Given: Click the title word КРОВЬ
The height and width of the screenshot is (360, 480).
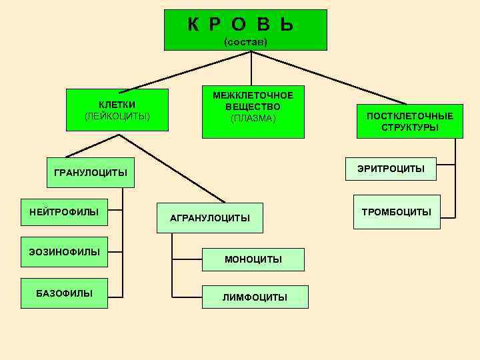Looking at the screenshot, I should pos(241,25).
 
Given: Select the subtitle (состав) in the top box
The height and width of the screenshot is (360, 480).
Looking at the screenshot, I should pos(245,42).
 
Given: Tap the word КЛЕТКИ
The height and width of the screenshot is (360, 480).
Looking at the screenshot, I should pos(117,105).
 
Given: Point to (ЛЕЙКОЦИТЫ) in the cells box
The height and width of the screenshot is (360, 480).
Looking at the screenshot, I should pos(117,117).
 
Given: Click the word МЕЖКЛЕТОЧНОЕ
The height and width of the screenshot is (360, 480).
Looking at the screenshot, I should pos(253,95).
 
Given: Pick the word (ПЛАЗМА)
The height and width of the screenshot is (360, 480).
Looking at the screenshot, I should pos(253,119).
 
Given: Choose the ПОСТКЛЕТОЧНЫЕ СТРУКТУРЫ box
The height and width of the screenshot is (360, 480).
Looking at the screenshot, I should pos(409,121).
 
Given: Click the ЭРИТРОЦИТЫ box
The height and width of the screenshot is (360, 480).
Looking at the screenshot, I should pos(391,169).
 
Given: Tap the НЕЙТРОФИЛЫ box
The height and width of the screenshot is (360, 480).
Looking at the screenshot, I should pos(64,213).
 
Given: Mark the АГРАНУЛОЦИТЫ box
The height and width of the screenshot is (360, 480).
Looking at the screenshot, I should pos(209,218).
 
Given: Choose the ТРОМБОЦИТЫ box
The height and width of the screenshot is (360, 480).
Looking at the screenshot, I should pos(396,212).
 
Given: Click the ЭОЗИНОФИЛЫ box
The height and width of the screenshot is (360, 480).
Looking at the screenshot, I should pos(64,252).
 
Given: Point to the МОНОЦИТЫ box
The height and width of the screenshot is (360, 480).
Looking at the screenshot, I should pos(253,259).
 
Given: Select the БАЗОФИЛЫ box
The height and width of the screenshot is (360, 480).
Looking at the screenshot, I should pos(64,293).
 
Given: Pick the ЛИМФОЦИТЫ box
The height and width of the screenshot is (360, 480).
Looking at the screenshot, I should pos(255,297).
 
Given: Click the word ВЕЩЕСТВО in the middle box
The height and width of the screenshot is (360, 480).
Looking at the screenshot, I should pos(253,107).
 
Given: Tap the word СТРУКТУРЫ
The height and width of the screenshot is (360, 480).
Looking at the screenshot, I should pos(410,127).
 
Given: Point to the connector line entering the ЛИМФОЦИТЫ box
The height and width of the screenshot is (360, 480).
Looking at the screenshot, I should pos(188,296).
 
